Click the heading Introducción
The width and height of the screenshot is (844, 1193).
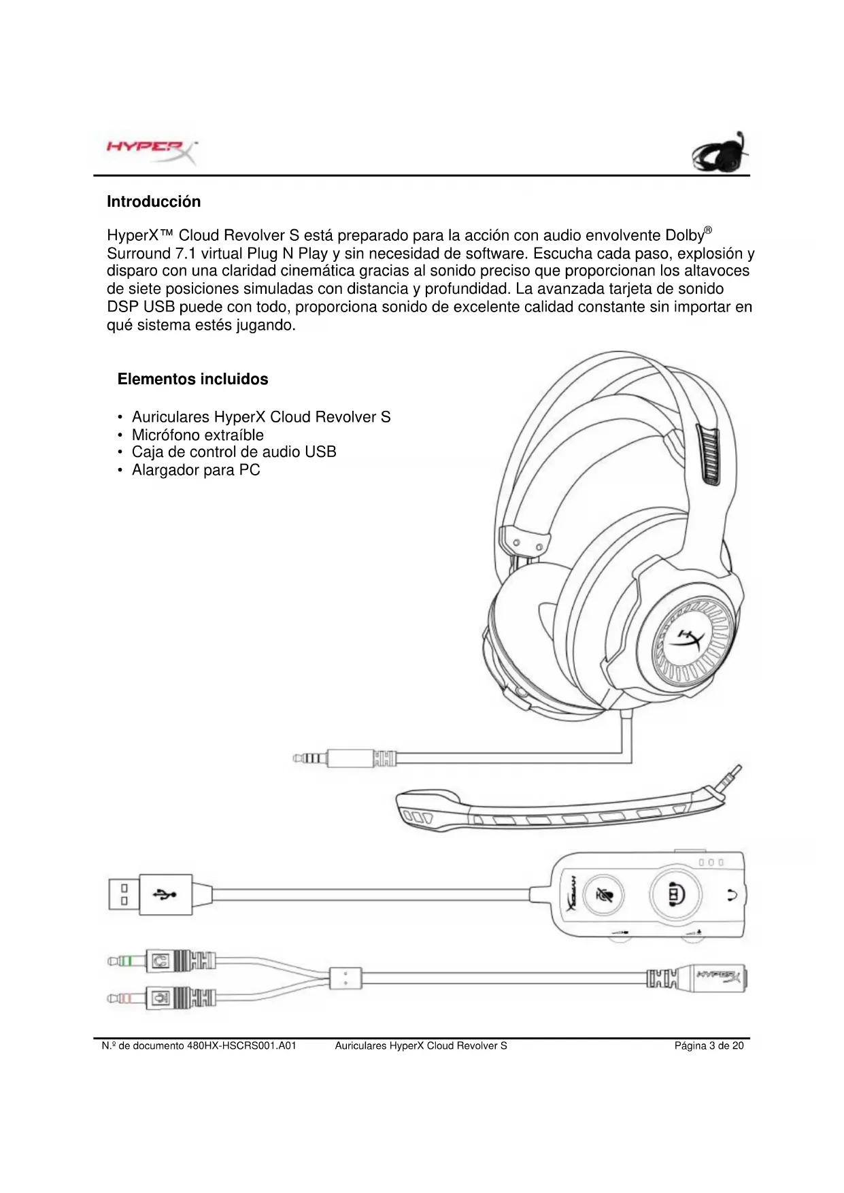[x=154, y=202]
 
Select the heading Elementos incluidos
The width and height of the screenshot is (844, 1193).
[x=192, y=380]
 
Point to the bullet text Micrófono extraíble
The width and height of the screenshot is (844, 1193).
[x=197, y=435]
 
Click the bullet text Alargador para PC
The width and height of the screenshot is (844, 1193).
[x=196, y=470]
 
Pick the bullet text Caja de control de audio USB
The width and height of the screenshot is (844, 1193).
[x=234, y=452]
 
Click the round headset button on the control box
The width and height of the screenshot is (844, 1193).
[x=675, y=894]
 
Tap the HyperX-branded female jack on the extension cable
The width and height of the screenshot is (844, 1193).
[x=714, y=979]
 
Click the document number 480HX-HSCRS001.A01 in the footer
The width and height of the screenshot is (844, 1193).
[x=241, y=1045]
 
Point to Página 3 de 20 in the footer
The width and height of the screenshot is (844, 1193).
[x=709, y=1045]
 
